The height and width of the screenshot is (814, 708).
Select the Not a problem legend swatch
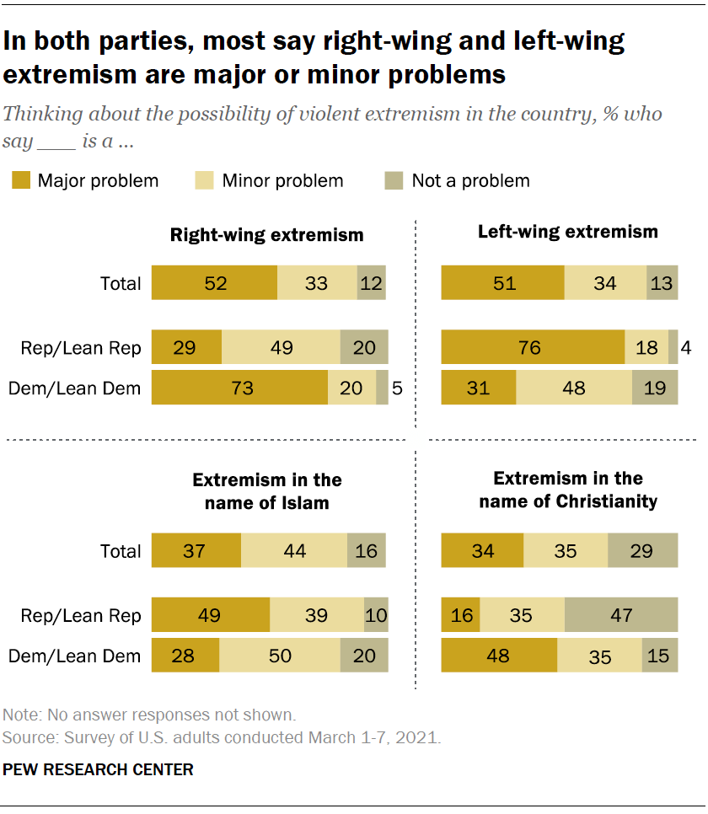395,180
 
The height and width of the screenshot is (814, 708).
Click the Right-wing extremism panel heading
267,235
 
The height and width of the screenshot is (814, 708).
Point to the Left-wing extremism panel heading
568,232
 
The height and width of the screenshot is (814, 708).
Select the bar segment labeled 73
239,388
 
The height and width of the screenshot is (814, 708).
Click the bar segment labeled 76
532,346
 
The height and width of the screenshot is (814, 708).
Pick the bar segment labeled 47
621,615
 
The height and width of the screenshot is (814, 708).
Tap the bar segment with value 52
214,283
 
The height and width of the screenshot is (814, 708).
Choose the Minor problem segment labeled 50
280,656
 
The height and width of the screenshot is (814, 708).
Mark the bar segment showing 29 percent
186,346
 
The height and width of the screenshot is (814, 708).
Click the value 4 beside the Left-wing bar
686,346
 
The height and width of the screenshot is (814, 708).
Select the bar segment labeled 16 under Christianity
460,615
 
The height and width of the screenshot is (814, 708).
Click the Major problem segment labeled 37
196,551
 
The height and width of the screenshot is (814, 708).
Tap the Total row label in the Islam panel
121,551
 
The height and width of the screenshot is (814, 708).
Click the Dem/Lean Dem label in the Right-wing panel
74,388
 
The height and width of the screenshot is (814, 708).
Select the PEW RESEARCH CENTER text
99,769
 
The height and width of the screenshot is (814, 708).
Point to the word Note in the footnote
20,715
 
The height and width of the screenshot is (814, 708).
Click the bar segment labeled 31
478,388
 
